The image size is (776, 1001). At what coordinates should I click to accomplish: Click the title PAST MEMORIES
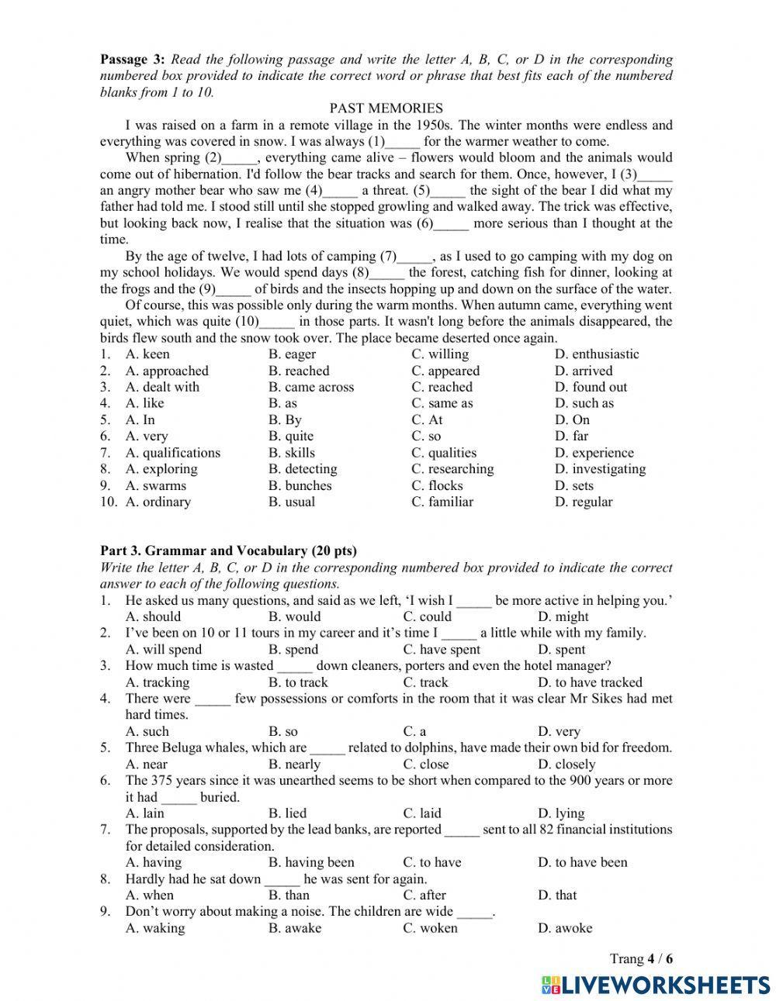point(386,109)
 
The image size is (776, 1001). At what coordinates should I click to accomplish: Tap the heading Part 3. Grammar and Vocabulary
point(228,551)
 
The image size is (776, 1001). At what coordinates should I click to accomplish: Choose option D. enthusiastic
point(597,354)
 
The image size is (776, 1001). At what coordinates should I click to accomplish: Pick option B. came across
point(310,387)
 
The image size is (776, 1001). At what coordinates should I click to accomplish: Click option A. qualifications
point(172,453)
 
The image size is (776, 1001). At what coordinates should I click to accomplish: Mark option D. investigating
point(600,469)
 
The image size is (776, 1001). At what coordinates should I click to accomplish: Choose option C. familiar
point(442,502)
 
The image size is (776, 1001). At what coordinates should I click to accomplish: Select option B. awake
point(294,928)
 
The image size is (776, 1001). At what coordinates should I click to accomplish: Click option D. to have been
point(582,862)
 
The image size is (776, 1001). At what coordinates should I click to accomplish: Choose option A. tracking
point(157,682)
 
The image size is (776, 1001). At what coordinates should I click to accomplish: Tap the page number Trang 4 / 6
point(641,959)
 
